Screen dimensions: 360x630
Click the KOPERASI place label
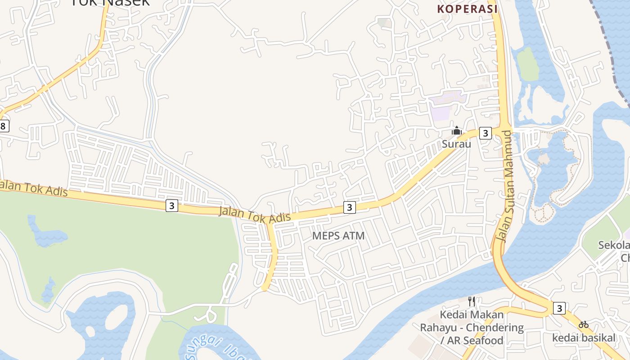click(x=468, y=9)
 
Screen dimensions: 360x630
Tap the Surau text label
click(x=456, y=144)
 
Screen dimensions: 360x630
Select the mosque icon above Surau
click(x=457, y=131)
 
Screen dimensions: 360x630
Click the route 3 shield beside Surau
click(x=485, y=133)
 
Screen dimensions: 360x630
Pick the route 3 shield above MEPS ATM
click(x=349, y=207)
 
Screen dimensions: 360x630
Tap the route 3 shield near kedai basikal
click(x=559, y=308)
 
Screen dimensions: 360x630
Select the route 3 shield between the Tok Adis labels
click(x=171, y=206)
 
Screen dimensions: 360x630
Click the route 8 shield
click(x=4, y=126)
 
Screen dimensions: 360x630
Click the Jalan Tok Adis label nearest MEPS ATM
click(x=255, y=214)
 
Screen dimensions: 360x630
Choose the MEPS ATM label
click(x=338, y=236)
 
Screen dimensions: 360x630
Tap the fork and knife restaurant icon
click(x=472, y=301)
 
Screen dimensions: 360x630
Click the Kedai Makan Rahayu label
click(x=472, y=327)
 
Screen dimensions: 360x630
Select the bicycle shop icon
click(x=584, y=324)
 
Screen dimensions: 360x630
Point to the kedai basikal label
click(x=584, y=337)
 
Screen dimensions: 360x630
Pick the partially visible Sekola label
click(x=614, y=245)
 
